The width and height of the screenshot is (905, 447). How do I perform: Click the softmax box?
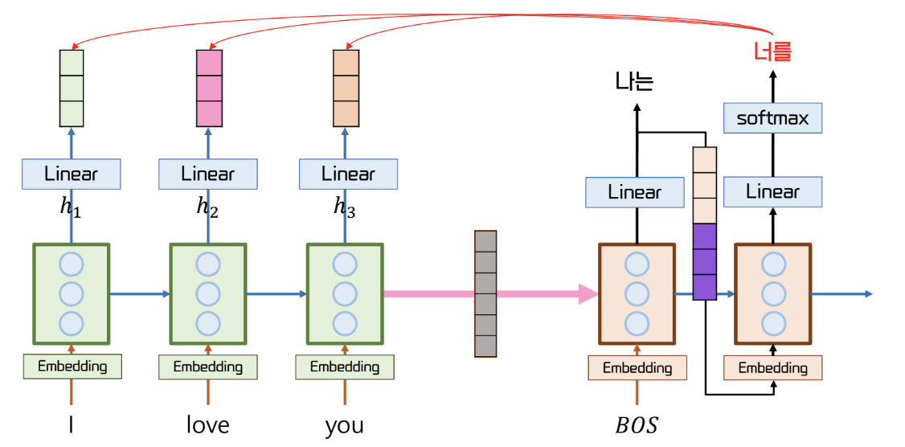(772, 118)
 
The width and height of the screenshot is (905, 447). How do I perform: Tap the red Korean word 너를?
(773, 52)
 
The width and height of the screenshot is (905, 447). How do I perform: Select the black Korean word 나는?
(635, 81)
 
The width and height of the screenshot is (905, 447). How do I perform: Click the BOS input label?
(636, 425)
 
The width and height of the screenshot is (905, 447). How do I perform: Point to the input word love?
(208, 425)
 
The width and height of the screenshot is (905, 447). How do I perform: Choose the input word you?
(345, 426)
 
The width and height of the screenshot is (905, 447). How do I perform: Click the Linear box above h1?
(72, 174)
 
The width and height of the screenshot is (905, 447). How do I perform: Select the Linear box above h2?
(208, 174)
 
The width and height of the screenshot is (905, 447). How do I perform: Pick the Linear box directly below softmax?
(772, 191)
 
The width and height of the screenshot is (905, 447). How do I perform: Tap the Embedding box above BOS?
(637, 368)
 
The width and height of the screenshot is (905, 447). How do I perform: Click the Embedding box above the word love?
(208, 367)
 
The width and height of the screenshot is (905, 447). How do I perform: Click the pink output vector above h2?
(209, 88)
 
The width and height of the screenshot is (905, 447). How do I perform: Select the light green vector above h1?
(72, 88)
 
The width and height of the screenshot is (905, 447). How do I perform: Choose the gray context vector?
(485, 293)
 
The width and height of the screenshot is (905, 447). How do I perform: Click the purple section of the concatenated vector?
(704, 261)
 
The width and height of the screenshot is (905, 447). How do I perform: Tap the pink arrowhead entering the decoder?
(588, 294)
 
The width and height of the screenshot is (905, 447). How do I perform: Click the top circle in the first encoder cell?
(72, 265)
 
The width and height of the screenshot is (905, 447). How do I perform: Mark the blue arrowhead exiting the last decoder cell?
(869, 294)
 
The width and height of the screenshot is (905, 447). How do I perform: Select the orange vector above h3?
(346, 88)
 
